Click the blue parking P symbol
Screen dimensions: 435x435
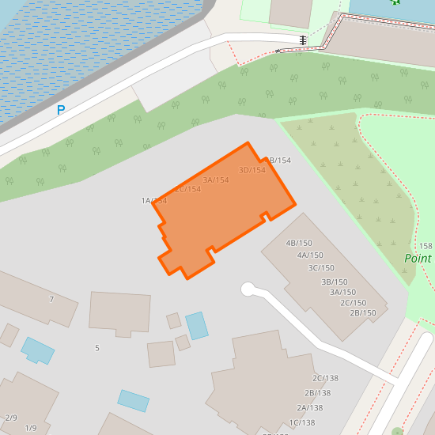[x=61, y=111]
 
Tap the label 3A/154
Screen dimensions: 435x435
[x=216, y=180]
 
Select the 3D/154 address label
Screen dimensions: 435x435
[x=252, y=170]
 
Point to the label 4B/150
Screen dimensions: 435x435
[x=299, y=243]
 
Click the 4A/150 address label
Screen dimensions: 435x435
[x=310, y=255]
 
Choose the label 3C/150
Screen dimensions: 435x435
[x=321, y=268]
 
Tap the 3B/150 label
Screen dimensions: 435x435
[x=334, y=282]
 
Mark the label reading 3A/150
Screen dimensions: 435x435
[x=342, y=292]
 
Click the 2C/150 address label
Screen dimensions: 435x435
[x=353, y=303]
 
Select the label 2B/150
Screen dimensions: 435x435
[x=362, y=313]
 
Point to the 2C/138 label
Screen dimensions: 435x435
[x=325, y=379]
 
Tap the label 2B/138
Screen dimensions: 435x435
[x=317, y=393]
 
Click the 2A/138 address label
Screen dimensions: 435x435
[x=309, y=408]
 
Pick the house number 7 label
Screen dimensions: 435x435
[x=51, y=300]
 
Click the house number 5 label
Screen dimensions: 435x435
[x=97, y=348]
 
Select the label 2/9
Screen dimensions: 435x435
[x=11, y=418]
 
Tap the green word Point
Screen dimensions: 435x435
[x=418, y=259]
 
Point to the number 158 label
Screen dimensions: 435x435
[x=426, y=247]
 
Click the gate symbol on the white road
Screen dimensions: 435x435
[x=303, y=40]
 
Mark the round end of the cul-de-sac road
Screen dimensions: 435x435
[x=248, y=289]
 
